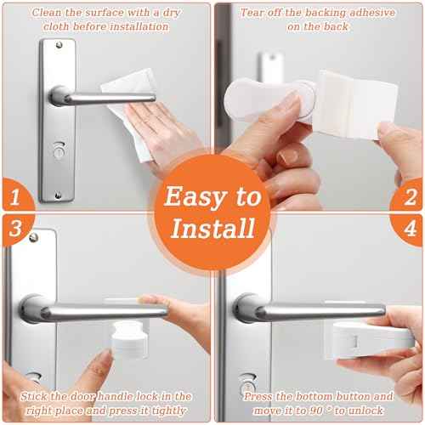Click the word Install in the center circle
pyautogui.click(x=212, y=228)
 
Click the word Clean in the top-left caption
pyautogui.click(x=47, y=13)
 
